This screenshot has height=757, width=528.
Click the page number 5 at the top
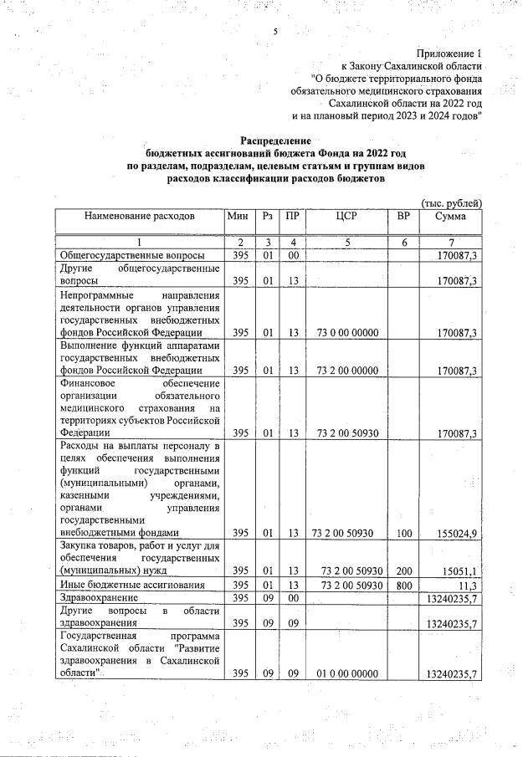point(274,32)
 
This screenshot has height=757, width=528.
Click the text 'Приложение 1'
point(449,51)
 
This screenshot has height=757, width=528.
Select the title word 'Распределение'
point(275,141)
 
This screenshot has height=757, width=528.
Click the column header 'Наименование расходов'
point(139,217)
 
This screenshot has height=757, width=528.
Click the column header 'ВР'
point(403,217)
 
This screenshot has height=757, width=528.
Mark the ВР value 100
point(403,532)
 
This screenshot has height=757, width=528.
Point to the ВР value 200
point(403,570)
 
